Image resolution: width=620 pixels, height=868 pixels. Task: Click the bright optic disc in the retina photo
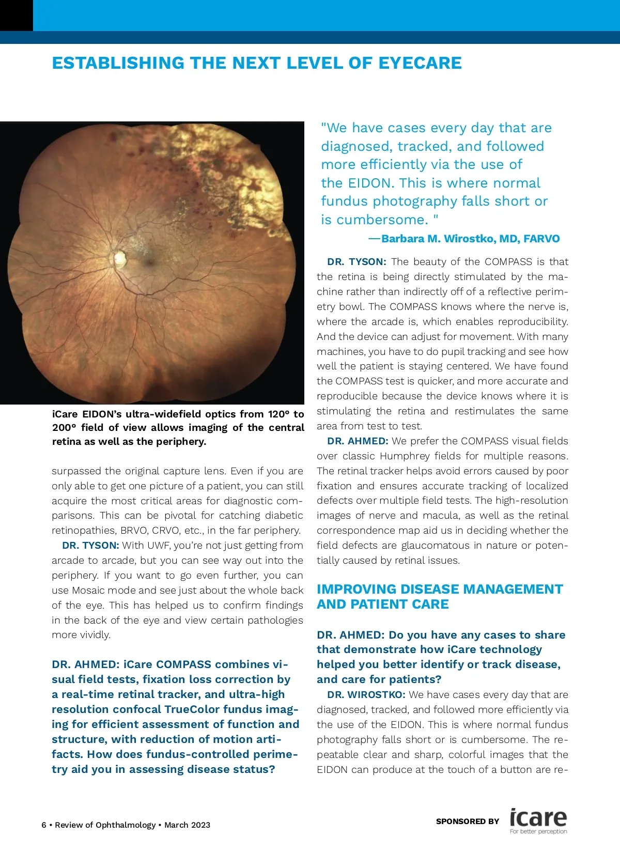[x=120, y=257]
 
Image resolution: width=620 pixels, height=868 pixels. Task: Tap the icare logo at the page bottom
[x=538, y=818]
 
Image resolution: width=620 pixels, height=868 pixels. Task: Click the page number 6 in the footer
[x=44, y=825]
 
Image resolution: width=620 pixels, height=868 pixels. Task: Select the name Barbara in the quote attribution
[x=409, y=239]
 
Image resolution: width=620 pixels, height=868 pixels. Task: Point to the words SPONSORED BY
[x=468, y=821]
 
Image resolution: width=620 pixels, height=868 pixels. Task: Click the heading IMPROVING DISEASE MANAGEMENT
[x=440, y=589]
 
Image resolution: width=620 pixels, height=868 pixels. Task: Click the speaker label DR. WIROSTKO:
[x=366, y=694]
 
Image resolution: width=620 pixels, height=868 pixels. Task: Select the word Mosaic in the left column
[x=88, y=590]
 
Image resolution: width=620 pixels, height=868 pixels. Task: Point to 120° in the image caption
[x=278, y=414]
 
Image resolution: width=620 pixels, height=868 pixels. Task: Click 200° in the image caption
[x=64, y=427]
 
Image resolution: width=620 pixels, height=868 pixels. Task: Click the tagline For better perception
[x=538, y=831]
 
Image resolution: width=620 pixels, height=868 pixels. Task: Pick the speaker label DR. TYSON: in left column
[x=90, y=545]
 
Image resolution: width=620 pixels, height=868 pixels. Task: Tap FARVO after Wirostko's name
[x=541, y=239]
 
